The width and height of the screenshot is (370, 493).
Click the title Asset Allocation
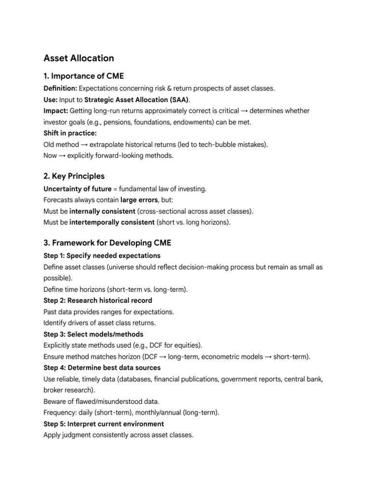[x=79, y=58]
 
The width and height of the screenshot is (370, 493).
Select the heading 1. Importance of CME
[x=83, y=76]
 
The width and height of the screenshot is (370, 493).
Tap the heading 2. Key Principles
[x=74, y=176]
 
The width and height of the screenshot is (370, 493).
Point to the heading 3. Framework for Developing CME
[x=107, y=243]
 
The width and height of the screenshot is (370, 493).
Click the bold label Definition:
[x=60, y=89]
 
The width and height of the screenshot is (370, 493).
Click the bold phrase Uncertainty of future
[x=77, y=189]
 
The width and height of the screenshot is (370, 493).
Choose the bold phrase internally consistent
[x=102, y=211]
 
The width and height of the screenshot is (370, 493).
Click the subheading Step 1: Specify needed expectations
[x=102, y=256]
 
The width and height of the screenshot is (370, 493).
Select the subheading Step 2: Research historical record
[x=98, y=300]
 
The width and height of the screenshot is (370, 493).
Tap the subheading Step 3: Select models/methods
[x=93, y=334]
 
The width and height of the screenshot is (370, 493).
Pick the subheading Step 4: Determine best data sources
[x=102, y=368]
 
